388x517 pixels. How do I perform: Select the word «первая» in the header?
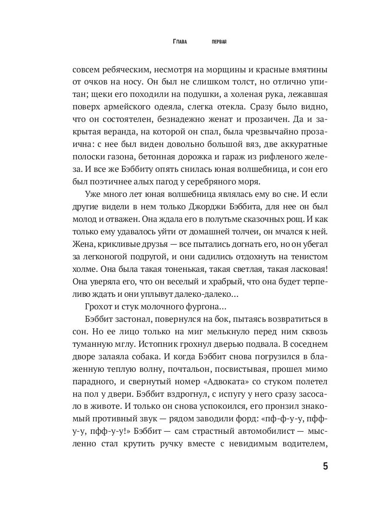click(219, 42)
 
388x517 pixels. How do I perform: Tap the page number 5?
click(325, 467)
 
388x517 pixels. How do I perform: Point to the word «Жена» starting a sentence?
click(82, 244)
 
